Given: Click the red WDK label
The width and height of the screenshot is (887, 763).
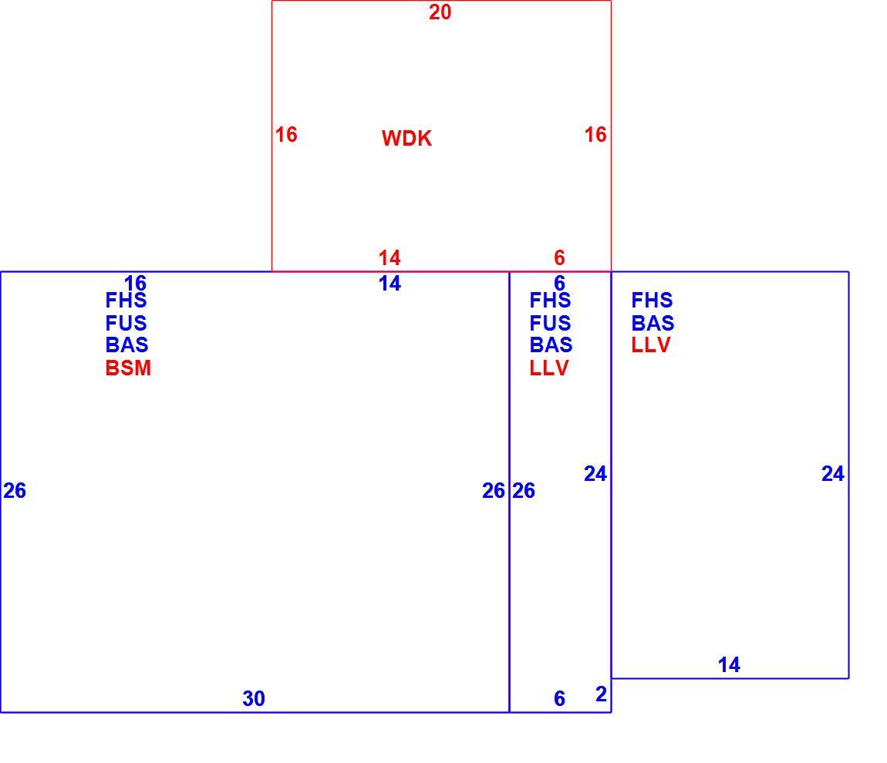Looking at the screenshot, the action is [x=406, y=139].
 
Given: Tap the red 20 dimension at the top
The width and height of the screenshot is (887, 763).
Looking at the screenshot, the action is [x=440, y=12].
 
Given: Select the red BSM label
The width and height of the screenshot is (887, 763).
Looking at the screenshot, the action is [x=128, y=368].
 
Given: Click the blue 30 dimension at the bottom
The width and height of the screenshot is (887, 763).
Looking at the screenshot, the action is [x=254, y=698].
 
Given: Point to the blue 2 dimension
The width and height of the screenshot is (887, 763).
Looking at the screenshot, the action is [x=601, y=694].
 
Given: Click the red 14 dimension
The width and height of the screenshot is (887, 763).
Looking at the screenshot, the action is [x=390, y=257].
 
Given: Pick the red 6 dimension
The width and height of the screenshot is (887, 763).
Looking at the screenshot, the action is [x=559, y=257].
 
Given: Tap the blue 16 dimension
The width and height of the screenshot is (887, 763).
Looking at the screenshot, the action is [x=135, y=282].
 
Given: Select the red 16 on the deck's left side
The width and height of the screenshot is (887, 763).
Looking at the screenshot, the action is [x=286, y=135].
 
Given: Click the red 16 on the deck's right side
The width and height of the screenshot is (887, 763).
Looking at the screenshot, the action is [x=595, y=135].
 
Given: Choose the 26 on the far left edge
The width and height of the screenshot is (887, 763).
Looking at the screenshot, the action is [x=15, y=491].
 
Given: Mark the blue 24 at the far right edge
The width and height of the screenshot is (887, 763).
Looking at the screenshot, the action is [x=833, y=474].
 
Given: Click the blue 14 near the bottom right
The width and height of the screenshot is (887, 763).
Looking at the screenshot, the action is [x=729, y=664].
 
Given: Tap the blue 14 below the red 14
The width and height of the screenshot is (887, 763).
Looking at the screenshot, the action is [x=390, y=283].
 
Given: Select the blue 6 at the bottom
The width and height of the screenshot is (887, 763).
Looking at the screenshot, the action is [x=559, y=698].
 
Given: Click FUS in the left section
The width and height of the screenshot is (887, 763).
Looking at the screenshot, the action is [x=126, y=323].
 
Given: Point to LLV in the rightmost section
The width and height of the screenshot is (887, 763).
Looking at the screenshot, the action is [x=651, y=345].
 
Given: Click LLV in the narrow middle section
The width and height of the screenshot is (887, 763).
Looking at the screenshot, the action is [x=549, y=368].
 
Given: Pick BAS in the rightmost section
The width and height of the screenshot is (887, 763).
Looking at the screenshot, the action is [x=653, y=323].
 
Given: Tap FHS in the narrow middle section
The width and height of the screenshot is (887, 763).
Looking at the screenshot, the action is [x=551, y=300].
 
